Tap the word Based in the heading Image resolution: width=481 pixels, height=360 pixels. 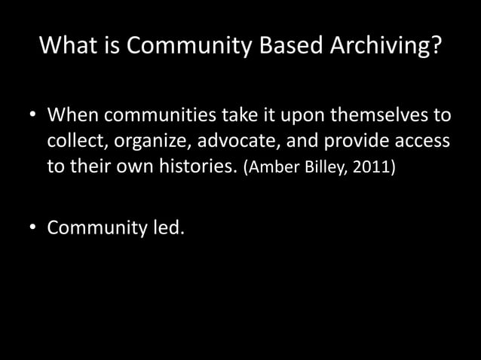(291, 47)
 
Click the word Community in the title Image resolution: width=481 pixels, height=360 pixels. (188, 47)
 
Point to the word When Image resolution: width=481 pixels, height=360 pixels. (74, 117)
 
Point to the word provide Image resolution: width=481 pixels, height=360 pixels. (361, 142)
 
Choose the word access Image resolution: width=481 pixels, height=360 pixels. (425, 141)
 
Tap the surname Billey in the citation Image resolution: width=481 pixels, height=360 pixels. (320, 166)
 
